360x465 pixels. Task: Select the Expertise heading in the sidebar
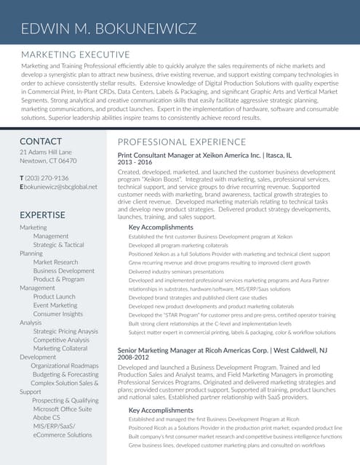42,215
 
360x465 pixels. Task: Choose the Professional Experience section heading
182,141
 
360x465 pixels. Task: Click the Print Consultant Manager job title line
204,155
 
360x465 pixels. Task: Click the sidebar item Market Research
55,262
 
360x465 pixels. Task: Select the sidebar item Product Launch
54,296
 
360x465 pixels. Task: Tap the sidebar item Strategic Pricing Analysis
66,331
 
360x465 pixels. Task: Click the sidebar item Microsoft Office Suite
63,409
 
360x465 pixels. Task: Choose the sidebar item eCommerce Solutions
63,434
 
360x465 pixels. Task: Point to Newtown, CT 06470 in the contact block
48,161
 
